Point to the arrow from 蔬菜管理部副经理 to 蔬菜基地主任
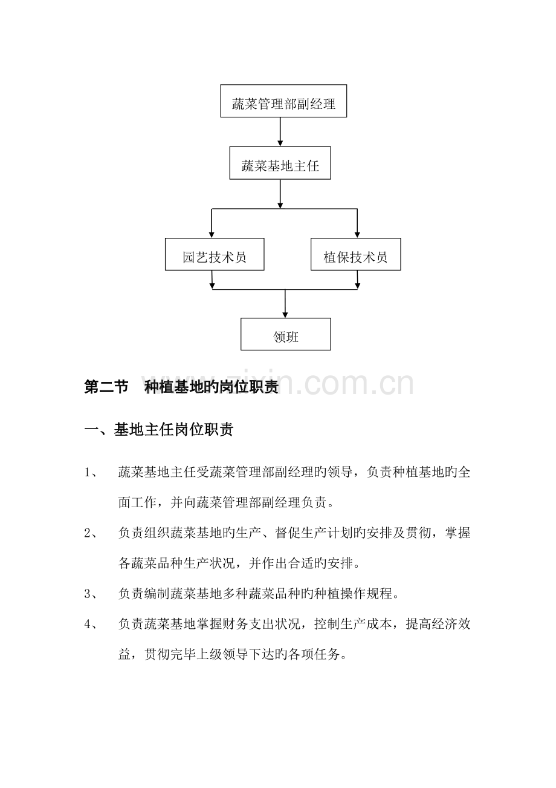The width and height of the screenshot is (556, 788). pyautogui.click(x=280, y=132)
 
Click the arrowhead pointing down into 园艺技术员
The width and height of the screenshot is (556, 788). pyautogui.click(x=212, y=235)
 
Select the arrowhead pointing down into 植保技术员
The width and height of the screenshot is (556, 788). pyautogui.click(x=357, y=235)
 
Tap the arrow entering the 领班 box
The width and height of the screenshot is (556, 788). pyautogui.click(x=285, y=304)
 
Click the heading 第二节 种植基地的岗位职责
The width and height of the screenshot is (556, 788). pyautogui.click(x=181, y=387)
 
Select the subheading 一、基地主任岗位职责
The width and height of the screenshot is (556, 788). pyautogui.click(x=159, y=429)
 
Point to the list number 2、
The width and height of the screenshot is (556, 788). pyautogui.click(x=91, y=533)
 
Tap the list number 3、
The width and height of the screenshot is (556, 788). pyautogui.click(x=91, y=594)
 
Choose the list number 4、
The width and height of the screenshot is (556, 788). pyautogui.click(x=91, y=624)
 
